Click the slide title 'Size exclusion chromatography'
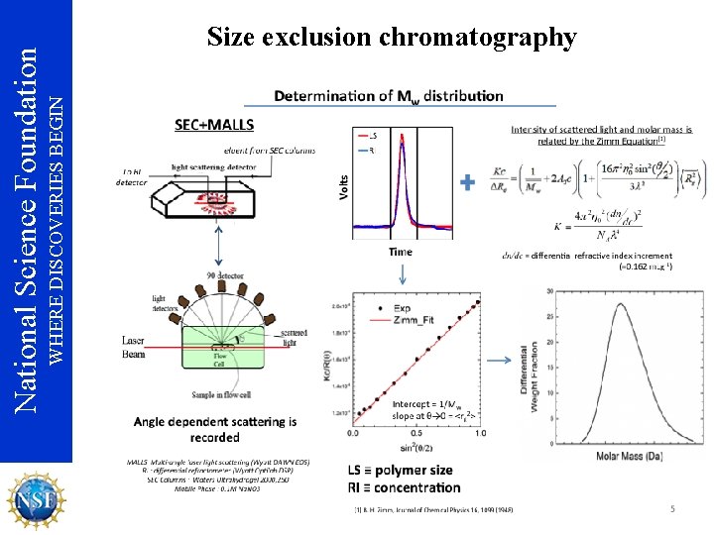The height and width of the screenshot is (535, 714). (392, 38)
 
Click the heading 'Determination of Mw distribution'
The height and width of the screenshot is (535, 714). (388, 96)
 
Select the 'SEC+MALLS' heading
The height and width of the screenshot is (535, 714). (213, 126)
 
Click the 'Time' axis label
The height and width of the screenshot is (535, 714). (401, 252)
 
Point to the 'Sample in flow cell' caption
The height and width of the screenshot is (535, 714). (224, 393)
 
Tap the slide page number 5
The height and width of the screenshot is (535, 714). (671, 509)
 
